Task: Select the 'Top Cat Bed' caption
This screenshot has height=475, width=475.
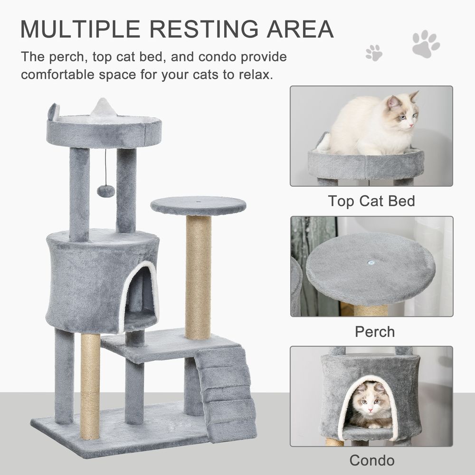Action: [371, 201]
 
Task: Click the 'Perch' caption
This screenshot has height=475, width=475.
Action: [375, 331]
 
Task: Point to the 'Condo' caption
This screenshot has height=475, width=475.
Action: [372, 460]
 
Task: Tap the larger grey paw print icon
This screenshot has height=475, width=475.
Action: [425, 43]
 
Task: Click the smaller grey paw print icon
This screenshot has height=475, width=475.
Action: [374, 52]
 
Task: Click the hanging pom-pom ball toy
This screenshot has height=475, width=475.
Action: [105, 190]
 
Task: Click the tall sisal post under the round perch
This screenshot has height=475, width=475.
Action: [198, 275]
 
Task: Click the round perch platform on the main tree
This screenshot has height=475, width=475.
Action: [199, 206]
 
